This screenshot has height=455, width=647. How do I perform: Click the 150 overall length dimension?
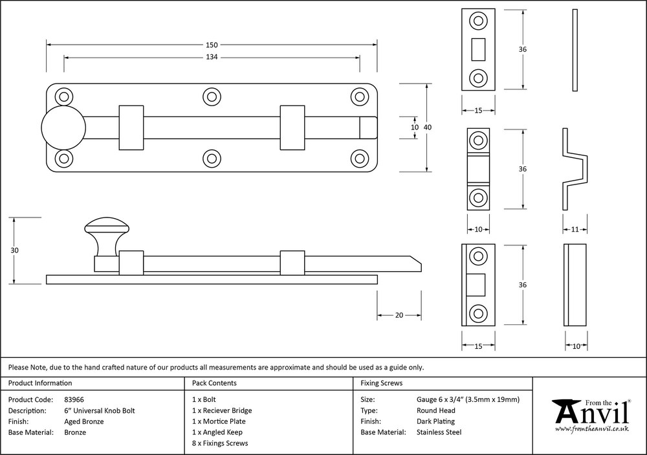coord(212,45)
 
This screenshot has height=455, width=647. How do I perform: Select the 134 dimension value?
coord(212,58)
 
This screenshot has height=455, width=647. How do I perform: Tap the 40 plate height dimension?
coord(427,128)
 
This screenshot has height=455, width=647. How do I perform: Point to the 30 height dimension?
coord(14,250)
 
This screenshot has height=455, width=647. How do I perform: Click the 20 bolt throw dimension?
coord(399,315)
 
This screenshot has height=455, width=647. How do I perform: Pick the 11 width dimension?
coord(575,229)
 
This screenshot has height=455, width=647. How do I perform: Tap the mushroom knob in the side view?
coord(106,227)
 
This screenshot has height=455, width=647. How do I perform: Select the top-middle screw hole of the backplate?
coord(212,97)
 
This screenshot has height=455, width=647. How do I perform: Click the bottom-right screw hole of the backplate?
coord(360,158)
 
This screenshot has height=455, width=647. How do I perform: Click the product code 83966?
coord(74,399)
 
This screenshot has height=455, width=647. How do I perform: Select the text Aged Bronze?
coord(84,421)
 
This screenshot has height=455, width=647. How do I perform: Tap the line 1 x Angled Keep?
coord(217,432)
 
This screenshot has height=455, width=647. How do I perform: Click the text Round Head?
coord(436,410)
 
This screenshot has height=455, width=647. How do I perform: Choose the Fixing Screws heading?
coord(382,383)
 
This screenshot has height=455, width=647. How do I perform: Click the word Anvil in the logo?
coord(591,412)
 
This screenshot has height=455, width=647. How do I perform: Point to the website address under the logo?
coord(592,429)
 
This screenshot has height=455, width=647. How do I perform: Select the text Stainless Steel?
coord(439,432)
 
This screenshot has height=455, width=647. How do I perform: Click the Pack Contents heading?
coord(214,383)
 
